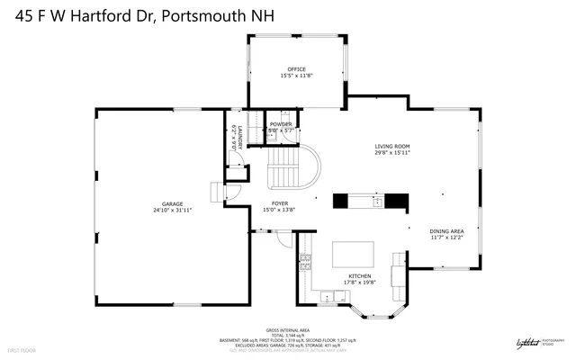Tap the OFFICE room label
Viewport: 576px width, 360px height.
click(x=297, y=69)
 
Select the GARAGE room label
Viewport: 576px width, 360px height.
click(x=172, y=203)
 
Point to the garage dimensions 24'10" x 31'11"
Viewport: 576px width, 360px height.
click(x=172, y=211)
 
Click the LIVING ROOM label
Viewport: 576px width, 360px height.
click(x=392, y=146)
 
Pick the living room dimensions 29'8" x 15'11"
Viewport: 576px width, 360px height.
click(x=392, y=153)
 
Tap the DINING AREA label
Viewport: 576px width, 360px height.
click(x=446, y=230)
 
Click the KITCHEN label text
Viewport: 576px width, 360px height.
click(x=360, y=275)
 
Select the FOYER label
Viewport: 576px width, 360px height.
click(x=280, y=203)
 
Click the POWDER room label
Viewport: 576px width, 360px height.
click(x=281, y=124)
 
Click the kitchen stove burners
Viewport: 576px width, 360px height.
click(x=305, y=263)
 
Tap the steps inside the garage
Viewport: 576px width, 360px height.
click(x=216, y=193)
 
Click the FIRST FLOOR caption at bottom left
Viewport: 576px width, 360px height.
click(x=22, y=348)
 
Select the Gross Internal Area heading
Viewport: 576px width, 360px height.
click(x=287, y=329)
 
